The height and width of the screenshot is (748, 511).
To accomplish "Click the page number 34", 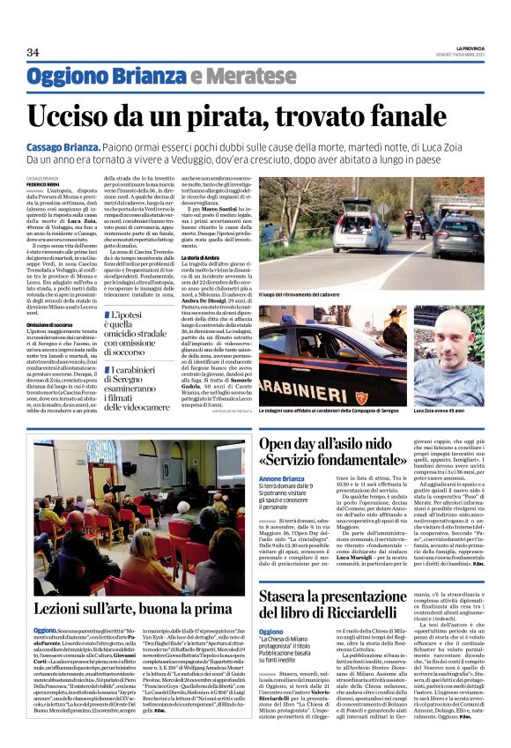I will [x=33, y=53].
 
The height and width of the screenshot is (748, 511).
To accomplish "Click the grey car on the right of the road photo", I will [x=458, y=233].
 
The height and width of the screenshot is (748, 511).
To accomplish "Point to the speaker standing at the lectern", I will [x=109, y=485].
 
